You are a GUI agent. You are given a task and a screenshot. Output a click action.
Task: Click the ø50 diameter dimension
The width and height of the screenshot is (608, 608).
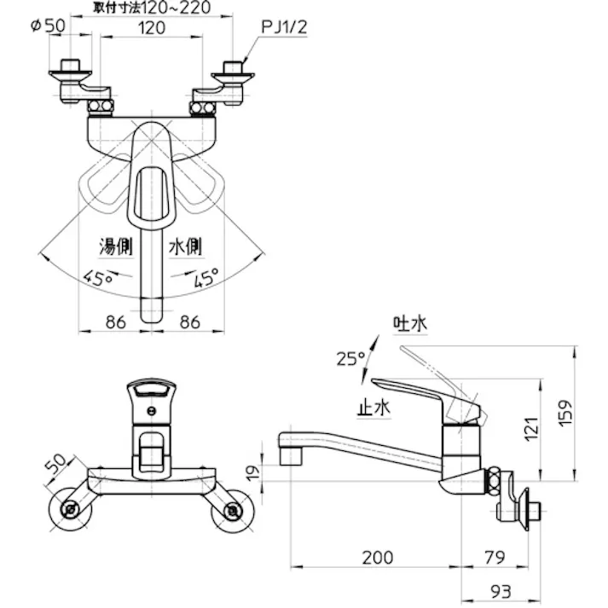pyautogui.click(x=48, y=26)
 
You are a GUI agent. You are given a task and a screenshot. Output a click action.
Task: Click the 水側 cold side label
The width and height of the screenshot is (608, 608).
pyautogui.click(x=184, y=248)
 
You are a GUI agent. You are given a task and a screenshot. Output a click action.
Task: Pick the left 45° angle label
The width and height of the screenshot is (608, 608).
pyautogui.click(x=97, y=277)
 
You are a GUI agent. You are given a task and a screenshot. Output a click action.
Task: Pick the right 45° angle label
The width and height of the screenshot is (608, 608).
pyautogui.click(x=206, y=277)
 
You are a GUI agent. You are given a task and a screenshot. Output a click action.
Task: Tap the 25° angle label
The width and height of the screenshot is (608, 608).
pyautogui.click(x=350, y=358)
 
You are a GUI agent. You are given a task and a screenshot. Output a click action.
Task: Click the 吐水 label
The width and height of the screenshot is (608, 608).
pyautogui.click(x=409, y=325)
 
